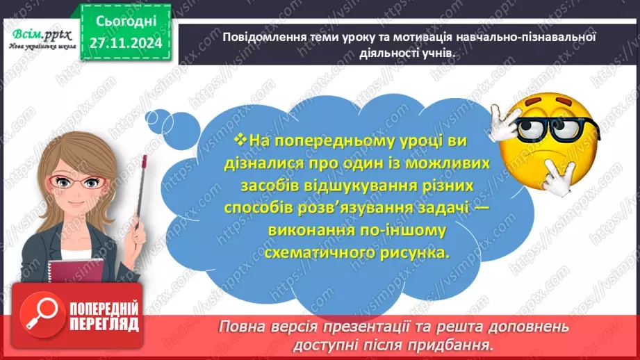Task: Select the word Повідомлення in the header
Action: tap(263, 37)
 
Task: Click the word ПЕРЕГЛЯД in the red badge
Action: tap(104, 324)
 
